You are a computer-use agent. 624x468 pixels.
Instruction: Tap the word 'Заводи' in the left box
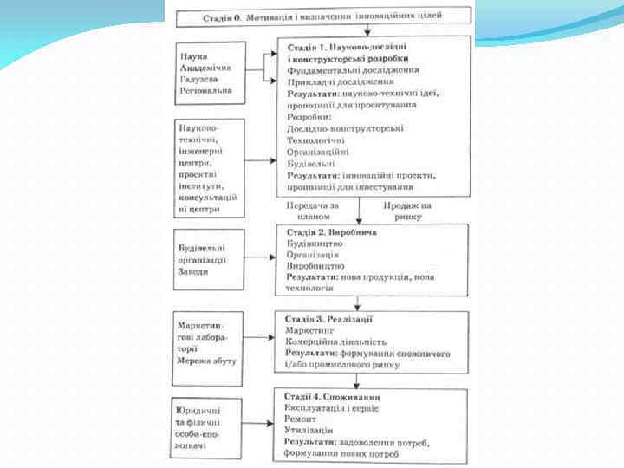pos(192,271)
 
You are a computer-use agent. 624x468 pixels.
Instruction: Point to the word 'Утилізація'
pos(309,430)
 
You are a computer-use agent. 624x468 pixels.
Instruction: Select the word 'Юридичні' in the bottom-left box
pos(198,410)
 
